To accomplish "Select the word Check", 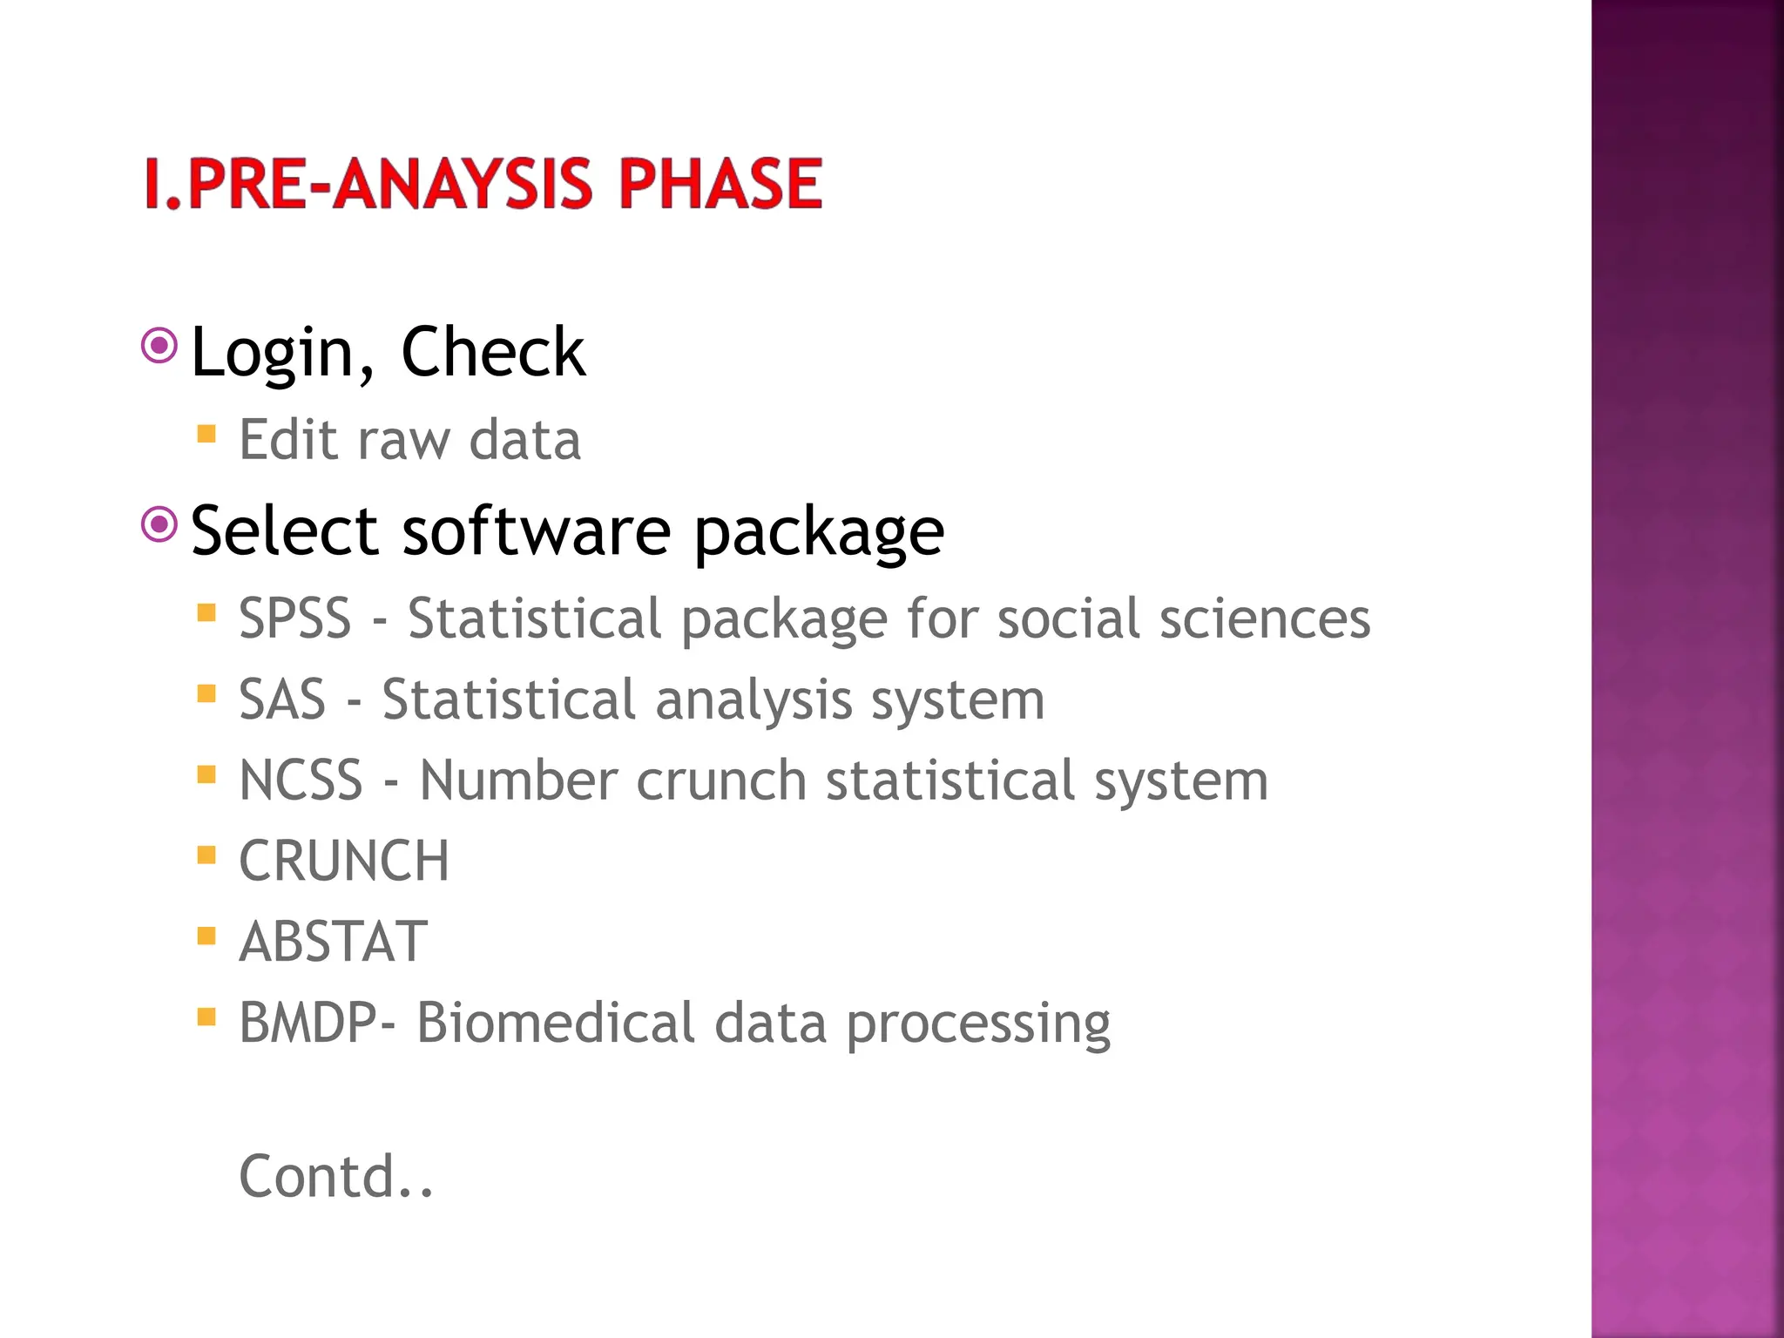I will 493,352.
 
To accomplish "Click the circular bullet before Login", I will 159,346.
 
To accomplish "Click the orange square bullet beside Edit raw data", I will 206,434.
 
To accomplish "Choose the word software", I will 536,530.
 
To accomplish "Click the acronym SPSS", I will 294,618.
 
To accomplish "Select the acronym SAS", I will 282,699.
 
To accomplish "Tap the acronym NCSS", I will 301,780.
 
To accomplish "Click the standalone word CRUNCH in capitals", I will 344,861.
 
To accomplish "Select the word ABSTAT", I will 334,942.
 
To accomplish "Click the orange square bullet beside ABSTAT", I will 206,936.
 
